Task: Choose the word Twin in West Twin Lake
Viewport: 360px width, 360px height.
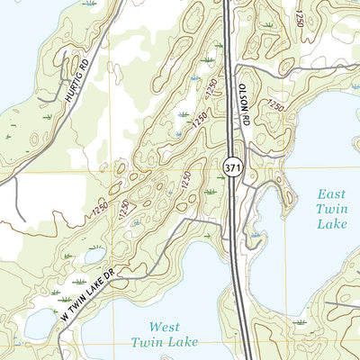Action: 148,342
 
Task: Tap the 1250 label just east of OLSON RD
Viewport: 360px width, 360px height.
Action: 274,107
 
